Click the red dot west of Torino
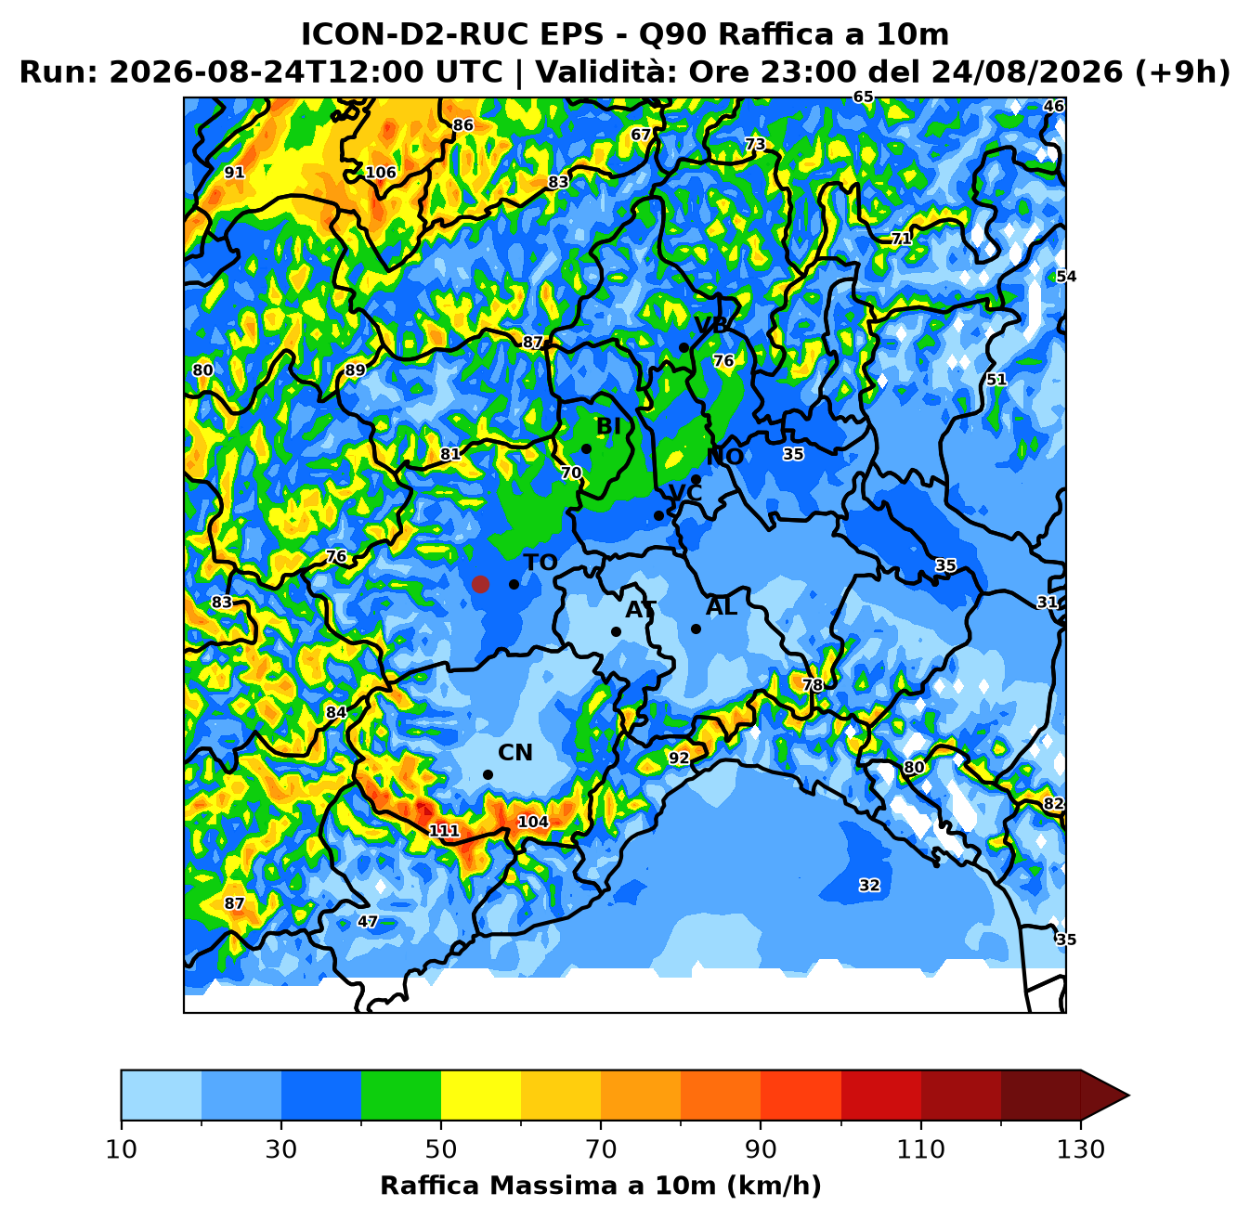[480, 584]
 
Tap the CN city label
[515, 752]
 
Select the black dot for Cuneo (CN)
[488, 774]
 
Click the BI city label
[608, 426]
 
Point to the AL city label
[722, 607]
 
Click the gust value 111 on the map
[444, 830]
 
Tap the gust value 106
[380, 172]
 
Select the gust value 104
[533, 822]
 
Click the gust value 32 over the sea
[869, 885]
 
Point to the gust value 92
[678, 758]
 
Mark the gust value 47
[368, 922]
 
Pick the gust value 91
[234, 172]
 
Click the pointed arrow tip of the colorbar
[1128, 1095]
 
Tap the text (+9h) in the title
[1182, 71]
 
